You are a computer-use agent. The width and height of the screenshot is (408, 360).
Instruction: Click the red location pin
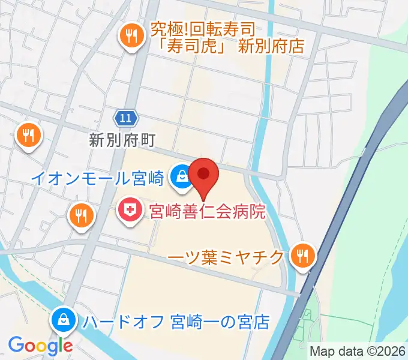point(204,176)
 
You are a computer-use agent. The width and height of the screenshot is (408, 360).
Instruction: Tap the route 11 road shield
point(124,118)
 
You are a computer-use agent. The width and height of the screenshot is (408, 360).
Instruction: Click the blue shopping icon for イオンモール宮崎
point(179,176)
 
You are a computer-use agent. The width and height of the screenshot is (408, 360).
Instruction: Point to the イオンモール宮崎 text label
point(97,178)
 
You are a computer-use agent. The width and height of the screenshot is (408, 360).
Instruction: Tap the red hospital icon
point(128,210)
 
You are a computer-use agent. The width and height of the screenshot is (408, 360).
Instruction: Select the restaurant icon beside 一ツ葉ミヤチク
point(301,256)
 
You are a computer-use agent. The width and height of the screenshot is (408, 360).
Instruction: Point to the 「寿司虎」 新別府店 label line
point(227,46)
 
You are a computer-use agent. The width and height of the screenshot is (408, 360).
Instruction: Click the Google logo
point(40,346)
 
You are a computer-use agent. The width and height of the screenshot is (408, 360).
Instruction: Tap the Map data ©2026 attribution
point(358,350)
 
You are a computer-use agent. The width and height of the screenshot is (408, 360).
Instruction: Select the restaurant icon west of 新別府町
point(28,135)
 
